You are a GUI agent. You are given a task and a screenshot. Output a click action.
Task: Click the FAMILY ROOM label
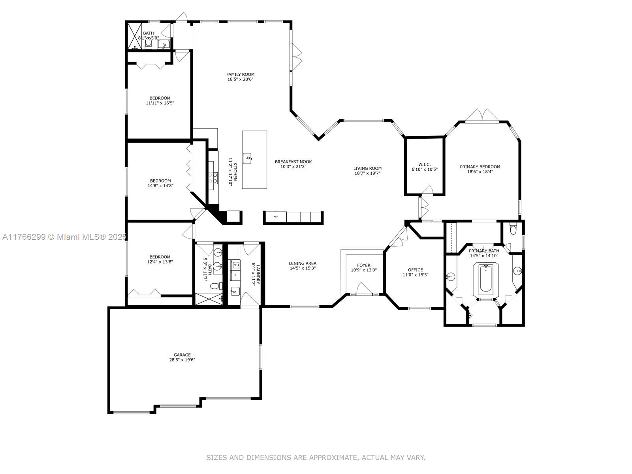click(x=240, y=75)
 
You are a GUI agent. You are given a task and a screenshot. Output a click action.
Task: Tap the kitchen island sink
click(x=247, y=158)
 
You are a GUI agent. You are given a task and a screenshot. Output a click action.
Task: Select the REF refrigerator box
click(x=276, y=216)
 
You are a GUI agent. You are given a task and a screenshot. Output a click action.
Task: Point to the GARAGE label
click(x=182, y=355)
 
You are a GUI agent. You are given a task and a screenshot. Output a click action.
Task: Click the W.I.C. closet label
click(x=424, y=164)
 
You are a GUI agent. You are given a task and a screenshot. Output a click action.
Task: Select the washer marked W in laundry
click(x=235, y=265)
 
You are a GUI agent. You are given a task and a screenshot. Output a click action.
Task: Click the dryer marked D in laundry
click(x=235, y=275)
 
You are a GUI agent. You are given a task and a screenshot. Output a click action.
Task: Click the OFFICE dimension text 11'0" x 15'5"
click(x=415, y=275)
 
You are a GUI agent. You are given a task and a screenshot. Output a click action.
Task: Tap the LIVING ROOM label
click(x=367, y=168)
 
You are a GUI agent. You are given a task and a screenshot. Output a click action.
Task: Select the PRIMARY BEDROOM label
click(x=480, y=167)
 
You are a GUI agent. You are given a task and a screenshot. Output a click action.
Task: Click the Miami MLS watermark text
click(x=64, y=237)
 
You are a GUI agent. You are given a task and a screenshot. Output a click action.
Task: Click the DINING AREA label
click(x=303, y=263)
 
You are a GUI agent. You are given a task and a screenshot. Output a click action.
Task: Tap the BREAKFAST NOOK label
click(x=293, y=162)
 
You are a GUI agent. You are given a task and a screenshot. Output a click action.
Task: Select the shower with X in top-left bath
click(x=135, y=36)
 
